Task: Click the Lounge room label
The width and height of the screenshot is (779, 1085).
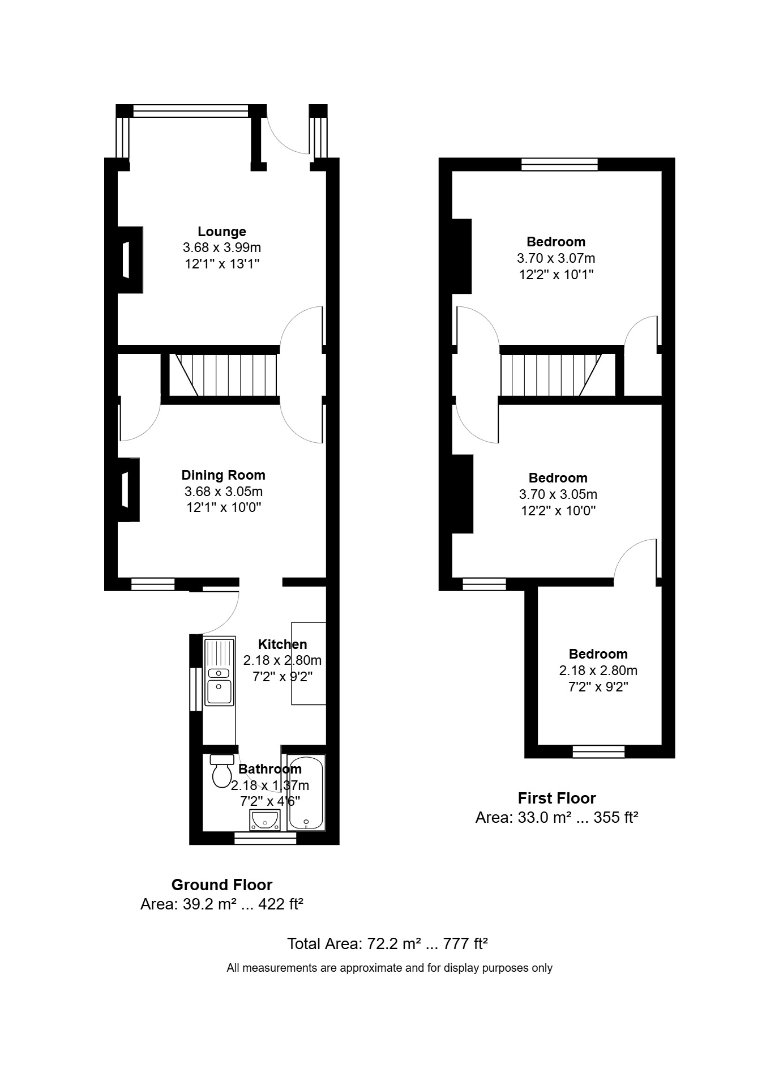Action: coord(222,232)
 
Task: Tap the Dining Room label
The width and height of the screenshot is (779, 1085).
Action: coord(223,475)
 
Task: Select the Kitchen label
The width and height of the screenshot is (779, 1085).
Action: coord(283,644)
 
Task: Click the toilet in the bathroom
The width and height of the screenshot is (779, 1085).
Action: coord(222,771)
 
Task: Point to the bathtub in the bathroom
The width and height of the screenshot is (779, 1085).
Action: coord(306,792)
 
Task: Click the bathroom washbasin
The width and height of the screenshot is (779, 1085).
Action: coord(265,819)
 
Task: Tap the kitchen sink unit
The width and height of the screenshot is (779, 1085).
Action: coord(219,672)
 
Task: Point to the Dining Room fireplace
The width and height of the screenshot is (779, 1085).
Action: coord(129,489)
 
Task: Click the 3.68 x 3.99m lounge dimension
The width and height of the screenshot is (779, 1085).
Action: coord(222,247)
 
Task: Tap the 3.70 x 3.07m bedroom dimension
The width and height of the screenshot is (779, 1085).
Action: coord(556,258)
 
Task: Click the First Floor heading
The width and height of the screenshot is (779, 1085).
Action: coord(557,798)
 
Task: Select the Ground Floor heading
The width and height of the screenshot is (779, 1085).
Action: coord(222,885)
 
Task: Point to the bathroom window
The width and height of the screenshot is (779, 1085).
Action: coord(265,838)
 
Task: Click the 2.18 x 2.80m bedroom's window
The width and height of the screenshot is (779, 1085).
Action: coord(598,751)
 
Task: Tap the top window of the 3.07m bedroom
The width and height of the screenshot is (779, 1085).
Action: coord(559,164)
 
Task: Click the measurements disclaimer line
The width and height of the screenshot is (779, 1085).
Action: coord(389,968)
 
